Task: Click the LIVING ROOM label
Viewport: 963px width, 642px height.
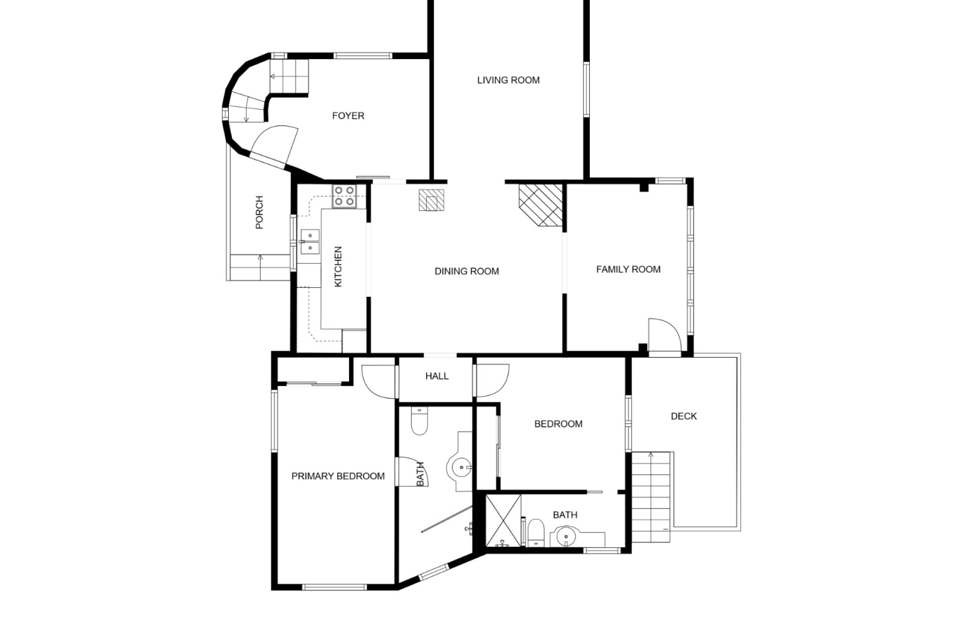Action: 508,80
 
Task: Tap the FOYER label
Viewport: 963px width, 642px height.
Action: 348,116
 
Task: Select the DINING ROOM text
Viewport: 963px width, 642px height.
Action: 466,271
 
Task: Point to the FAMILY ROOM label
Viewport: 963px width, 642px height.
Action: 628,269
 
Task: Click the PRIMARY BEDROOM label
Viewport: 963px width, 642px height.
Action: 338,476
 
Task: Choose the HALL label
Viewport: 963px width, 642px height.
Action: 437,376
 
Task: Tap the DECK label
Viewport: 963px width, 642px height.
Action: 684,416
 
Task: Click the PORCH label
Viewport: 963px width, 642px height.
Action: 259,213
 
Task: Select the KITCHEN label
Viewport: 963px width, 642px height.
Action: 338,267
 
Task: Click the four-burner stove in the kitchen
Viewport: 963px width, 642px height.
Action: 345,196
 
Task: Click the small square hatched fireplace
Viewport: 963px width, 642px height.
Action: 431,200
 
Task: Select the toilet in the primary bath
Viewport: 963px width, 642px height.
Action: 419,421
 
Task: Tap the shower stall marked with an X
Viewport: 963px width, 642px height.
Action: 504,521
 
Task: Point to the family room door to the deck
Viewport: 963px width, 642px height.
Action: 665,336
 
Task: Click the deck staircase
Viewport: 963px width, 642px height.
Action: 651,497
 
